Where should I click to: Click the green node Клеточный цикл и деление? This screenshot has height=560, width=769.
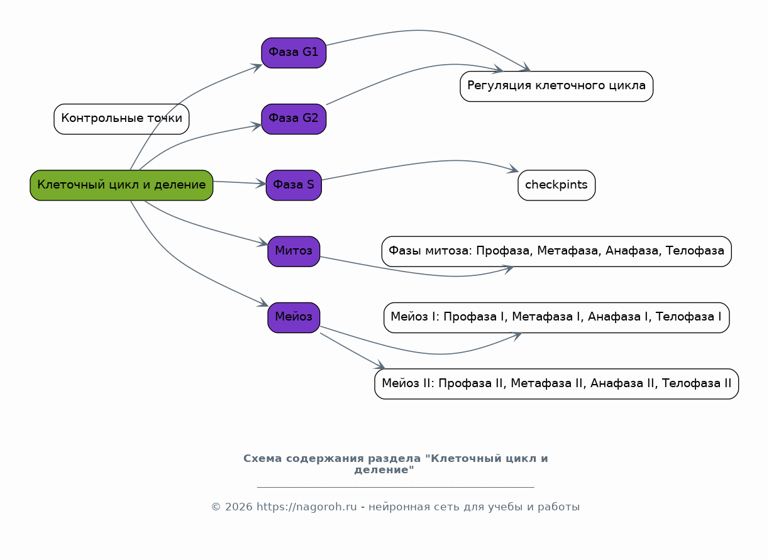coord(121,185)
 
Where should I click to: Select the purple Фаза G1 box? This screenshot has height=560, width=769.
coord(294,53)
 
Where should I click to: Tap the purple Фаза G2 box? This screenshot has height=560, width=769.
coord(294,119)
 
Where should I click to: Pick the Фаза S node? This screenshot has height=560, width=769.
coord(294,185)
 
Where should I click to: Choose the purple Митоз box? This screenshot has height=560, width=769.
coord(294,251)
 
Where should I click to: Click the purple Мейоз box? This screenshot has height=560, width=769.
coord(294,318)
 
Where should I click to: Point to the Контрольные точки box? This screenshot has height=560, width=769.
coord(121,119)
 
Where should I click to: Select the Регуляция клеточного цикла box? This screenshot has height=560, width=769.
coord(557,87)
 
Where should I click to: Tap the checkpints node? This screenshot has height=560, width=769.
coord(557,185)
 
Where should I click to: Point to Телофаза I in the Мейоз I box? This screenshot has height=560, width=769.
coord(689,317)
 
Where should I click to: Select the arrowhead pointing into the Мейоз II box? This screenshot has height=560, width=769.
coord(380,365)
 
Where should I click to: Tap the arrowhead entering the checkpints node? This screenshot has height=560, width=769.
coord(513,168)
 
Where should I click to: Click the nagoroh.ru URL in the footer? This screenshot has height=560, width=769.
coord(307,507)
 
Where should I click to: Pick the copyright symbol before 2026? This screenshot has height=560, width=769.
coord(216,507)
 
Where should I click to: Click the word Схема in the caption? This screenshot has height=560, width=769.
coord(263,459)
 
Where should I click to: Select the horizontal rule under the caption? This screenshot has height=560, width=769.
coord(396,487)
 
